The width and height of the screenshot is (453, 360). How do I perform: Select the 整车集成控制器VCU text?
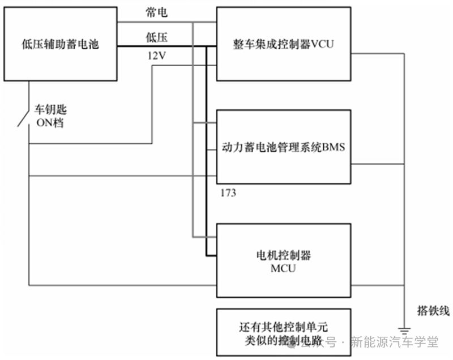coord(284,44)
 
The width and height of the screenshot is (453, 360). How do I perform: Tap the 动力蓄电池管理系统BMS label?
coord(284,147)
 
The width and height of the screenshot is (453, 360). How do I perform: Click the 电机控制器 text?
coord(284,255)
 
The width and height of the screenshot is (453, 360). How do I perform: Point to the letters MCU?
coord(284,268)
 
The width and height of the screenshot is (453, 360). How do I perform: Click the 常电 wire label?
coord(157,12)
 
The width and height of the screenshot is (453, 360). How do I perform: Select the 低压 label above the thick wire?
coord(157,37)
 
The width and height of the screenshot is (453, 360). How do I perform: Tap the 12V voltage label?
coord(157,56)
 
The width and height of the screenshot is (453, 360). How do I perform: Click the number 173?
coord(229,193)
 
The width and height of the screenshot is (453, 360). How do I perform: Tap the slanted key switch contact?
coord(23,117)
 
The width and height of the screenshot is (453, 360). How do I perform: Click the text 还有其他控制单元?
coord(284,327)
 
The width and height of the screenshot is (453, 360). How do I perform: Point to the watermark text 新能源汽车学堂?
coord(394,342)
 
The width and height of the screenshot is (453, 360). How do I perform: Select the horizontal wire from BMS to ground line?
coord(377,165)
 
